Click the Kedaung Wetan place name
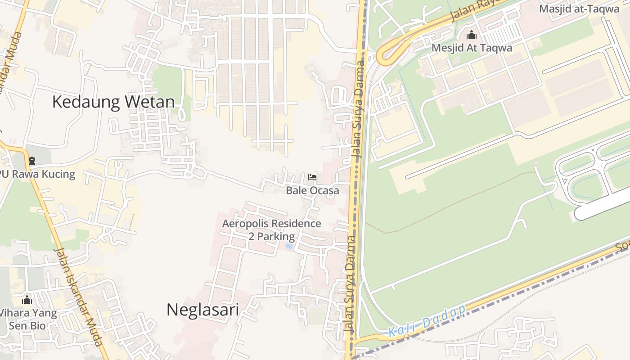[113, 102]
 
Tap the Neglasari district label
[202, 310]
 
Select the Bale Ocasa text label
[312, 190]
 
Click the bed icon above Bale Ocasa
[312, 177]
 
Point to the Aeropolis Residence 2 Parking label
[271, 230]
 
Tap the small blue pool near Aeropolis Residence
[288, 247]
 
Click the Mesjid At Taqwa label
[472, 48]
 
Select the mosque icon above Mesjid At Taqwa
[472, 35]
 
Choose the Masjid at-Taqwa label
[579, 9]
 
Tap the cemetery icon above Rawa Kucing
[31, 161]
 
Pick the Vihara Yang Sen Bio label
[28, 319]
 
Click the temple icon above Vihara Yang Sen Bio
[27, 300]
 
